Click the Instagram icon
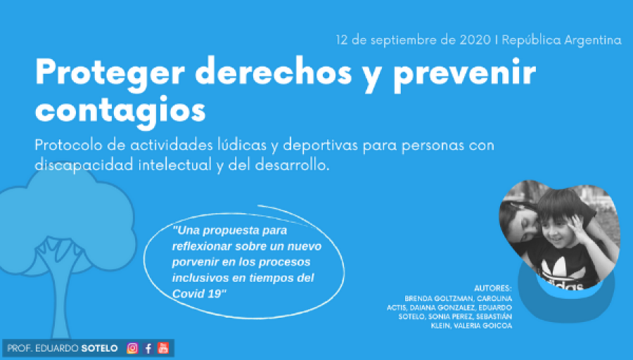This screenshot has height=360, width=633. click(x=132, y=348)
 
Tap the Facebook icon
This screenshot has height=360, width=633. click(x=148, y=348)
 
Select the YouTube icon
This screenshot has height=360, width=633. click(x=163, y=348)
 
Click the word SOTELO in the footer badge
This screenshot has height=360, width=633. click(x=100, y=348)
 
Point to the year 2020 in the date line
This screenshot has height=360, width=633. click(x=475, y=40)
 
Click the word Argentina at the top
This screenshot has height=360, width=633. click(x=593, y=40)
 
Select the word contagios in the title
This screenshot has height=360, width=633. click(x=120, y=110)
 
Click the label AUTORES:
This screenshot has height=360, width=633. click(x=492, y=288)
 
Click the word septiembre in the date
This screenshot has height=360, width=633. click(x=403, y=40)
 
